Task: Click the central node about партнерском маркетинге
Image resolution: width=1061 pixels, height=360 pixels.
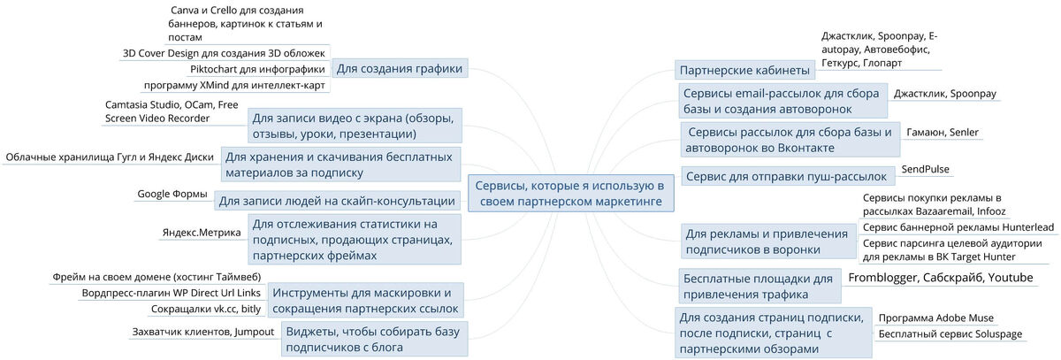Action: (x=569, y=194)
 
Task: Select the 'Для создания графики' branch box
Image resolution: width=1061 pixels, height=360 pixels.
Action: (x=401, y=69)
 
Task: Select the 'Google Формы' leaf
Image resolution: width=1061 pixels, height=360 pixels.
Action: (x=172, y=195)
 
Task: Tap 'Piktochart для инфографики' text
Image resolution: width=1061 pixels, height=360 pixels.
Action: (x=257, y=69)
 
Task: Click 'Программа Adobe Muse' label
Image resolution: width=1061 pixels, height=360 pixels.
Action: (x=935, y=318)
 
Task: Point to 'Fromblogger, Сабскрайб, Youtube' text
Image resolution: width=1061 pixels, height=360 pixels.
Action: (x=940, y=278)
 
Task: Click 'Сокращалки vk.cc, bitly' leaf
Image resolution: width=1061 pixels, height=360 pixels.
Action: (x=206, y=309)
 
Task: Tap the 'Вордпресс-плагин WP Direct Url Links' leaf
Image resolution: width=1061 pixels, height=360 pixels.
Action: (x=171, y=292)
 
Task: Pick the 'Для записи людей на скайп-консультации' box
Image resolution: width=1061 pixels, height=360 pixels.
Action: (x=337, y=201)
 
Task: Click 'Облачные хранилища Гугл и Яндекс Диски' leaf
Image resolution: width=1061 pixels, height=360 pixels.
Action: (x=110, y=157)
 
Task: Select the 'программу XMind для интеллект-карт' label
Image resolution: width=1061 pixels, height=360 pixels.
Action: (x=234, y=86)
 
